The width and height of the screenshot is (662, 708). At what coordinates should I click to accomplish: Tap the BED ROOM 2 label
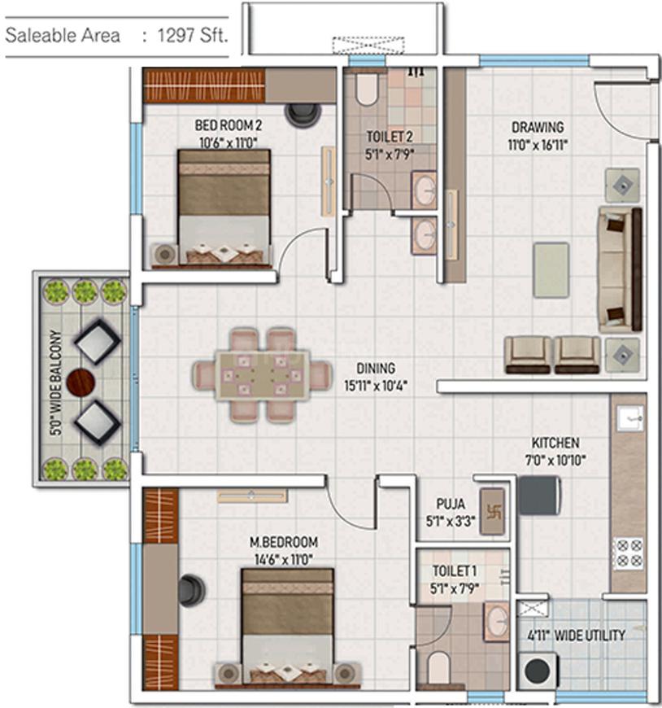point(228,125)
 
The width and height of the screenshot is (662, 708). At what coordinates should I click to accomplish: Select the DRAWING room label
point(537,127)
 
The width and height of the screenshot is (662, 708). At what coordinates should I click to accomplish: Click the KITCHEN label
point(555,443)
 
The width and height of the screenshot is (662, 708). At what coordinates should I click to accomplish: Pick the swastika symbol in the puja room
point(491,511)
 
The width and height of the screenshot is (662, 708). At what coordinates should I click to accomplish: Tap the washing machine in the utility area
point(537,672)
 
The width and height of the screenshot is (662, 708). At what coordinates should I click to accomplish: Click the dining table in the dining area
point(262,374)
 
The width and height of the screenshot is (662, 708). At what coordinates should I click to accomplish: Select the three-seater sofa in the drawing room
point(620,269)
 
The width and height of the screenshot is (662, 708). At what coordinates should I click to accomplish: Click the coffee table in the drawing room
point(551,269)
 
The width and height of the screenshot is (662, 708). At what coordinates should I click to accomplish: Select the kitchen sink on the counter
point(629,418)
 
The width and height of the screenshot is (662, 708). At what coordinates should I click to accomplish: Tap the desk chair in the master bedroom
point(192,590)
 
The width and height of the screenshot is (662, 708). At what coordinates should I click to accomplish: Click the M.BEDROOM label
point(284,542)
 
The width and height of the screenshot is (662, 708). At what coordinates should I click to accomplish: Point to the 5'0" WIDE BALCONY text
point(56,382)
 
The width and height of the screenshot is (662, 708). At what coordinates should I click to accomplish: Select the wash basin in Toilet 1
point(495,620)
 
